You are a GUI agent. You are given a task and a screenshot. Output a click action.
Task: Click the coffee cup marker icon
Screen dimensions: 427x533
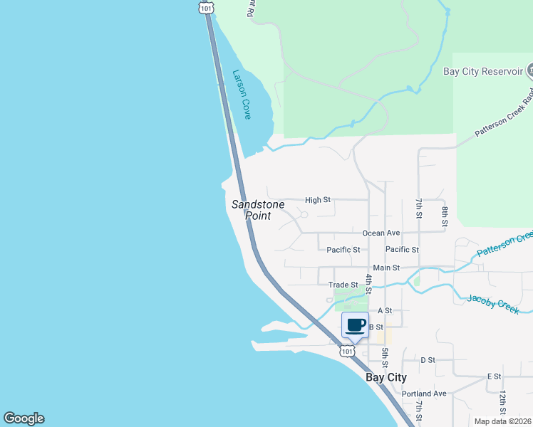tap(356, 325)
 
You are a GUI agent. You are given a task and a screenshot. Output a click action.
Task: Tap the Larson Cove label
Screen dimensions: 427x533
tap(242, 93)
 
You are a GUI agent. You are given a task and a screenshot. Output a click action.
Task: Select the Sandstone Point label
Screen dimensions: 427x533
tap(258, 209)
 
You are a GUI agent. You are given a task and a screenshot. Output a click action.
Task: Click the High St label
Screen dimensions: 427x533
tap(317, 200)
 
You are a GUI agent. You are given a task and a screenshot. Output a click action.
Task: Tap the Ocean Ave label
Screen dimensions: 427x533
tap(381, 233)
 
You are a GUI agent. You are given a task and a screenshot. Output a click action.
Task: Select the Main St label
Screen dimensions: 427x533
tap(386, 268)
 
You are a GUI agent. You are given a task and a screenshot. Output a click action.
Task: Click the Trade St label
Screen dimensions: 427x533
tap(342, 285)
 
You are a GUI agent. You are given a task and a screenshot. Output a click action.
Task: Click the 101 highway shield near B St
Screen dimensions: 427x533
tap(346, 351)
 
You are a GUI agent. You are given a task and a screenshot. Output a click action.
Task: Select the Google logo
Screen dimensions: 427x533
tap(24, 418)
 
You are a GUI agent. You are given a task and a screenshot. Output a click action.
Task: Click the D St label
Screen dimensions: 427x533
tap(428, 360)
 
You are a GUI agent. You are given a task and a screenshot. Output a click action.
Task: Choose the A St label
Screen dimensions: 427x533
tap(385, 310)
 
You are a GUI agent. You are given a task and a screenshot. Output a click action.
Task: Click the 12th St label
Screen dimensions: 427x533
tap(502, 402)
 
